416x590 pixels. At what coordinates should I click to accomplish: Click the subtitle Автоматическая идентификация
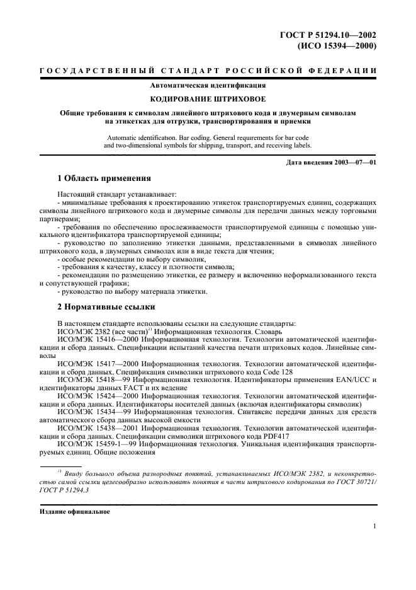click(x=208, y=84)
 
